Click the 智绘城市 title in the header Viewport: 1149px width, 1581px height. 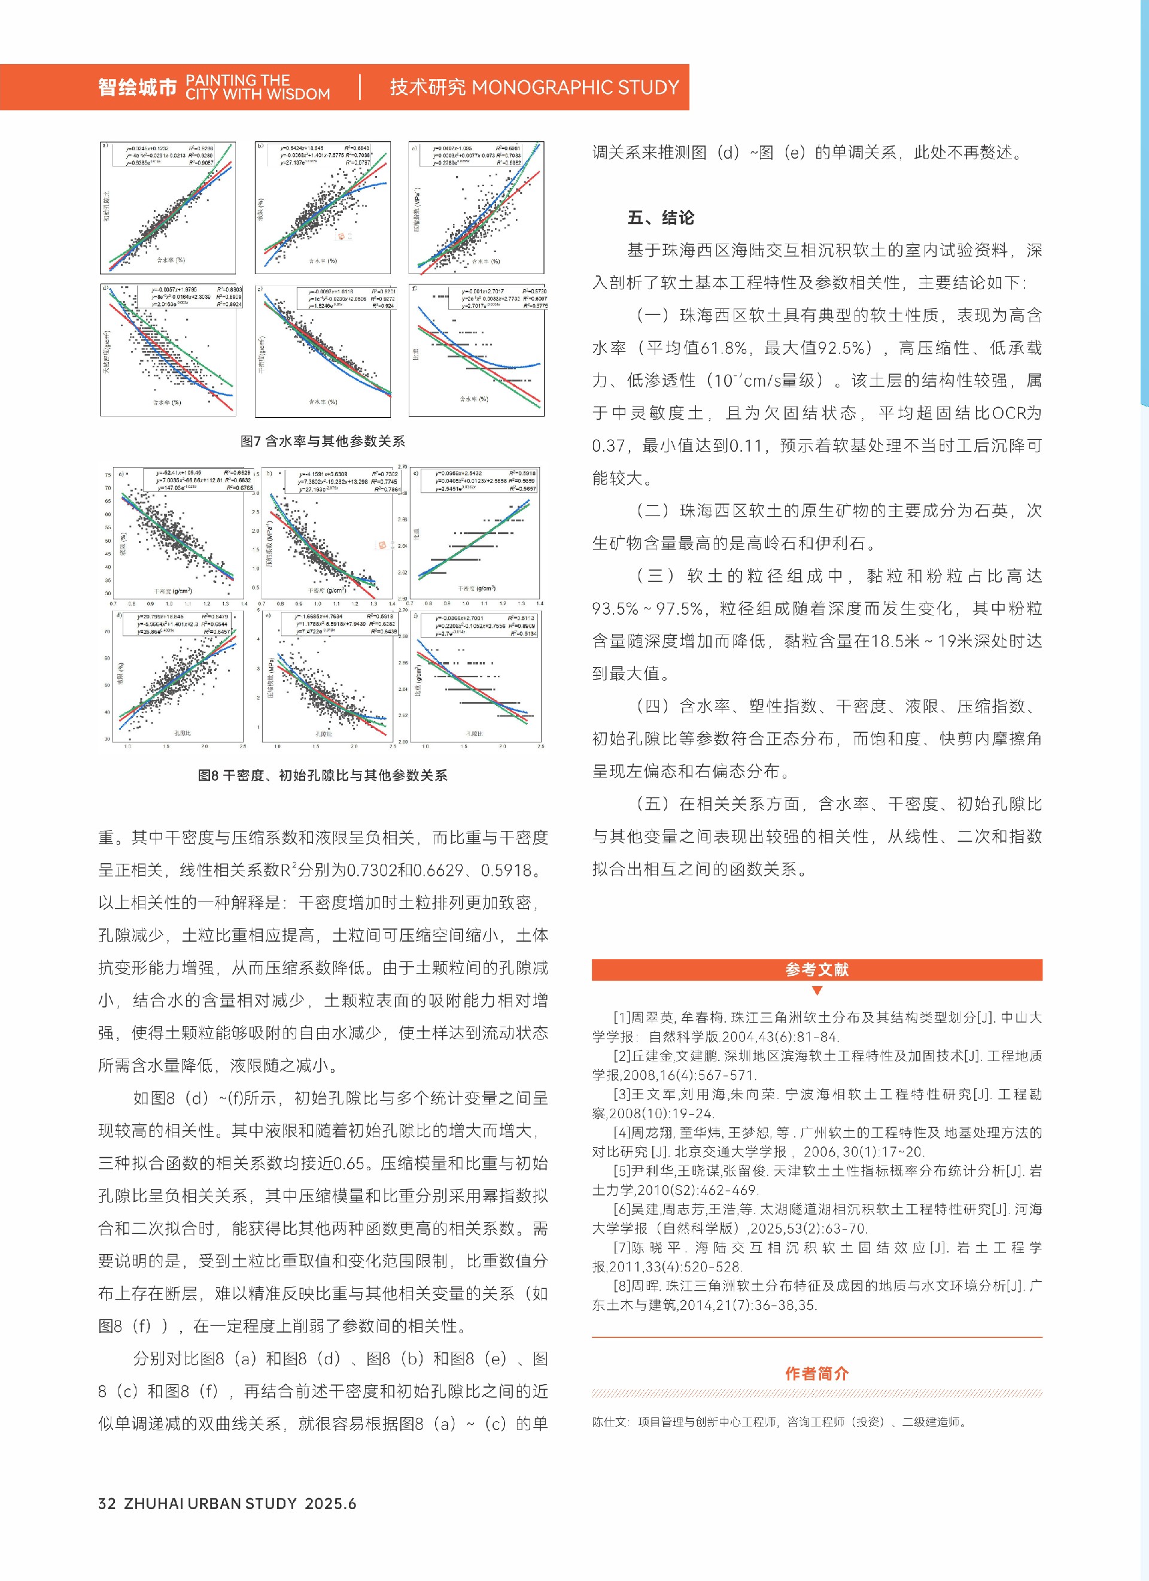point(137,87)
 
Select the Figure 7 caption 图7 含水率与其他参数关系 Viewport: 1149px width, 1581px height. point(323,441)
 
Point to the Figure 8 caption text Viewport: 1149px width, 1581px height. point(323,775)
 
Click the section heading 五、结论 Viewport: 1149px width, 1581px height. point(661,217)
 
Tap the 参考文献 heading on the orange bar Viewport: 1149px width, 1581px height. point(817,970)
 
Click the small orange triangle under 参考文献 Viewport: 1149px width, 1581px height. point(817,991)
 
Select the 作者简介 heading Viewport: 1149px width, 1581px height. point(817,1373)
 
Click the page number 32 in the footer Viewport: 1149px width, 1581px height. point(107,1504)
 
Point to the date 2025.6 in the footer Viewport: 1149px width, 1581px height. point(330,1504)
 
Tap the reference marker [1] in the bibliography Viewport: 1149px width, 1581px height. point(622,1018)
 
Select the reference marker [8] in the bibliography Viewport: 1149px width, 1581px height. point(622,1285)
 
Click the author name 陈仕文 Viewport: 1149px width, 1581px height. point(610,1421)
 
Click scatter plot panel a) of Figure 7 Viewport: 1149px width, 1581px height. point(168,208)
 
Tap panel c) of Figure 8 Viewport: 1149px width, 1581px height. point(476,535)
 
